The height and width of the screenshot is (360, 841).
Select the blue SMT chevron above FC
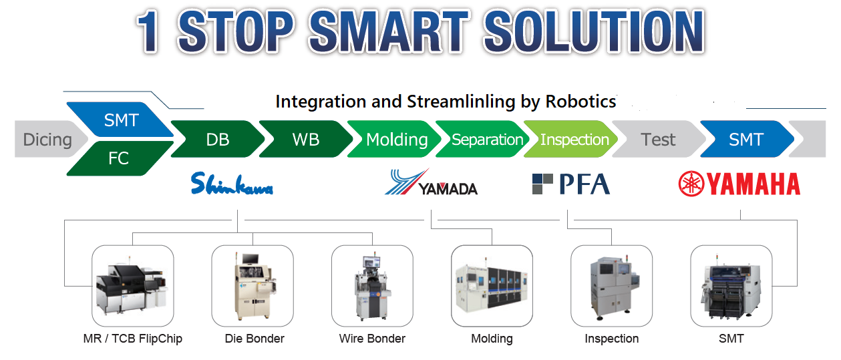[x=120, y=120]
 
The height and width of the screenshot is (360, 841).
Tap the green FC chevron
[x=120, y=158]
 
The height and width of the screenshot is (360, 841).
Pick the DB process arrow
[x=218, y=139]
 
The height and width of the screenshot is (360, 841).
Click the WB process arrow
[x=306, y=139]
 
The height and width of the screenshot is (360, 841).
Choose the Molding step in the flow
[x=395, y=139]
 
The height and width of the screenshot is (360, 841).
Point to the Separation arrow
[x=483, y=139]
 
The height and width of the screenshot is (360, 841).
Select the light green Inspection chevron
[x=571, y=139]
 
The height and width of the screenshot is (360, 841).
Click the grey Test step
[x=659, y=139]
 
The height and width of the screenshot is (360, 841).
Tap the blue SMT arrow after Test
[x=747, y=139]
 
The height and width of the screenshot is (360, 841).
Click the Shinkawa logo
[x=232, y=184]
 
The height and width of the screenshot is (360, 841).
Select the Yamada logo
[x=431, y=182]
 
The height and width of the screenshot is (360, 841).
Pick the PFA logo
[x=571, y=184]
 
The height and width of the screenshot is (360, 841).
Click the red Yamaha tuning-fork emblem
[x=691, y=184]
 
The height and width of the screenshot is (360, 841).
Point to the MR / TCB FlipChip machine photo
[x=132, y=286]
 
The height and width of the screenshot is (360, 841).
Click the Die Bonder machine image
[x=253, y=286]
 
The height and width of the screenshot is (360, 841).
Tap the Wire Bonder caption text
[x=372, y=339]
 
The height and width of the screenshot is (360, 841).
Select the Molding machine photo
[x=492, y=286]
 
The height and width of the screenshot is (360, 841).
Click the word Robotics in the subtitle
[x=580, y=102]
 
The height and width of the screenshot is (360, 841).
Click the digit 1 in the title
[x=148, y=31]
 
